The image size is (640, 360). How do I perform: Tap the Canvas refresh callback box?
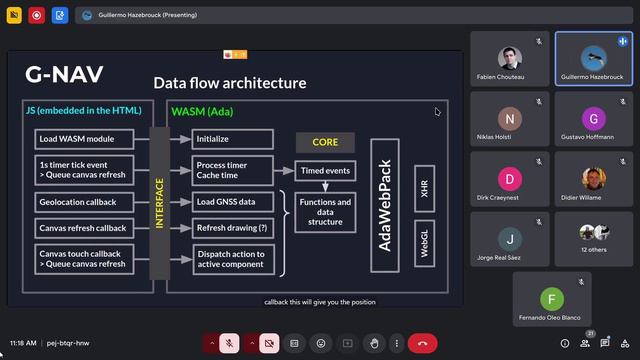coord(84,228)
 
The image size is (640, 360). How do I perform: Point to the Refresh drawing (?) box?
coord(232,228)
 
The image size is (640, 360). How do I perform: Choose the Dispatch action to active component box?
coord(232,260)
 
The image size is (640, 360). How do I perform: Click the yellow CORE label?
coord(325,143)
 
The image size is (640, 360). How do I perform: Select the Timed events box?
coord(325,171)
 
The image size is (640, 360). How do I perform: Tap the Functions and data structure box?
coord(325,211)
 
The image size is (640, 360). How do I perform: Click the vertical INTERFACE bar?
coord(159,203)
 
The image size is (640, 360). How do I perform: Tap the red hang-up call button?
coord(422,343)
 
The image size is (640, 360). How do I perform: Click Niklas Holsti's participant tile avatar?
coord(511,116)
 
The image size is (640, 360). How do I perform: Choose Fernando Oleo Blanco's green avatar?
coord(551,298)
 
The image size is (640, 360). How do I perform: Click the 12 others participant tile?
coord(594,238)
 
